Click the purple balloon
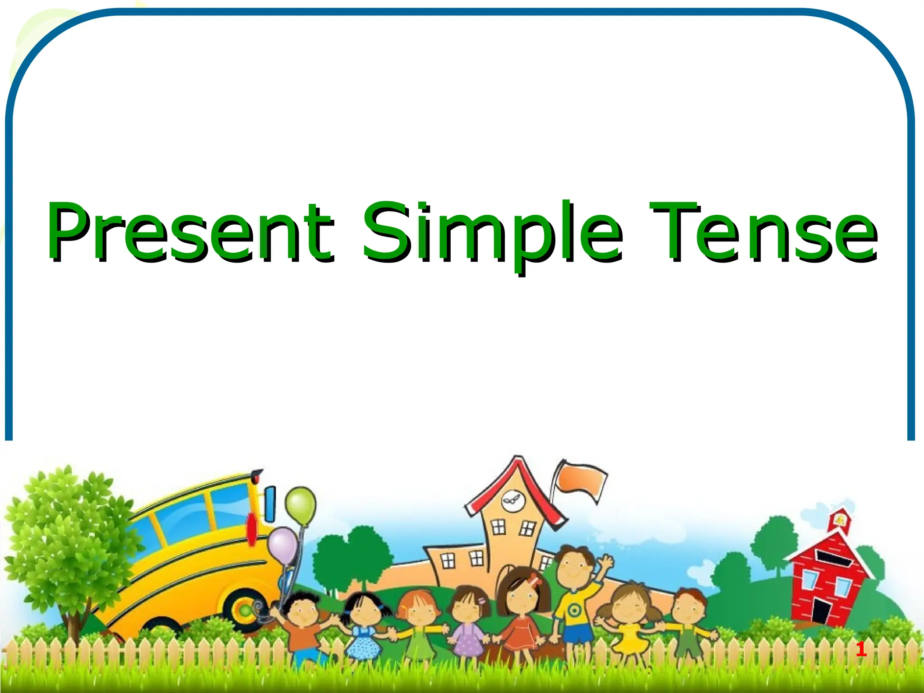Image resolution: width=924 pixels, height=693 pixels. point(282,546)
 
